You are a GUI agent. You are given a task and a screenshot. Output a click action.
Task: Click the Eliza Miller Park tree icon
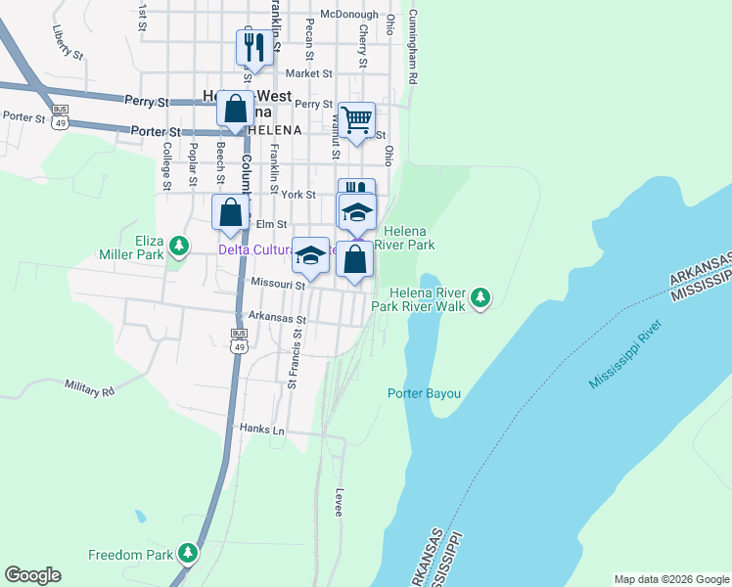(178, 245)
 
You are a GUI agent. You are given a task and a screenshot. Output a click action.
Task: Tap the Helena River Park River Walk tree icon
(480, 296)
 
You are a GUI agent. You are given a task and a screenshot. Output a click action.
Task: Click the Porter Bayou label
(424, 393)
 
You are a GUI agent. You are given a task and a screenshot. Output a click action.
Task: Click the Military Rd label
(90, 388)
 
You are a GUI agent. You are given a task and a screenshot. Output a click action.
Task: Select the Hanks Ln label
(261, 429)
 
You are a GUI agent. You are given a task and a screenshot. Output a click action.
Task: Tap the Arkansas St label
(278, 318)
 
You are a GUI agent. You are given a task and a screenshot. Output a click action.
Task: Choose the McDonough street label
(349, 15)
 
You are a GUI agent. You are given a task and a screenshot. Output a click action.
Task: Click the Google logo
(32, 575)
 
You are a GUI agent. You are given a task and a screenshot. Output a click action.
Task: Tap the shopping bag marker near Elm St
(230, 213)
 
